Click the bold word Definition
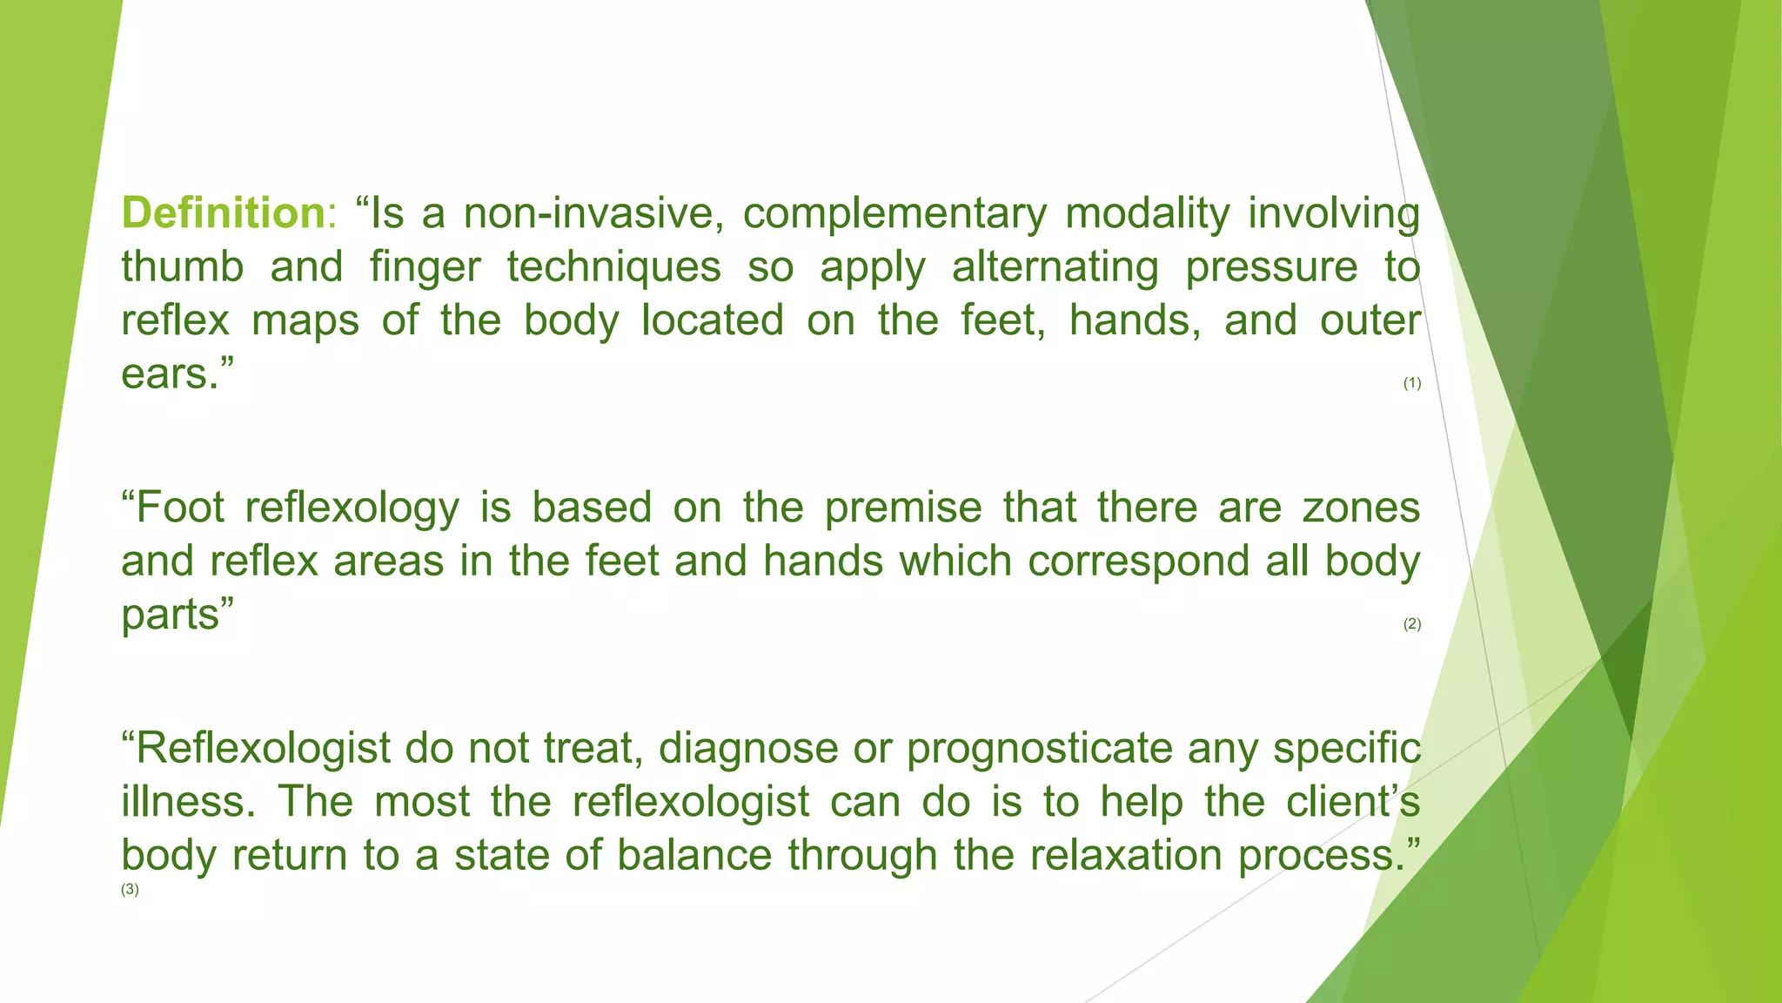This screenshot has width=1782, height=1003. click(223, 213)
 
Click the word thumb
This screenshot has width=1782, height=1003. click(183, 266)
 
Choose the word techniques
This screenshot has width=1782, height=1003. click(614, 267)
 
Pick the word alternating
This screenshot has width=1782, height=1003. click(1055, 268)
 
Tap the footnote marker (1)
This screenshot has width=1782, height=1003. click(1411, 383)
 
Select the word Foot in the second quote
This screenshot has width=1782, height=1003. click(181, 508)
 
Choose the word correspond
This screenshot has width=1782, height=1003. click(1138, 562)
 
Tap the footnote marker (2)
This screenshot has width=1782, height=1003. click(1411, 624)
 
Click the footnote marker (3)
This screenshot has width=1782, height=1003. click(130, 890)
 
